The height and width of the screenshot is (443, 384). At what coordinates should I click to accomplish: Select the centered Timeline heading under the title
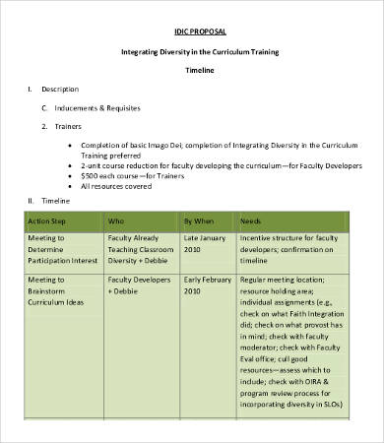coord(201,71)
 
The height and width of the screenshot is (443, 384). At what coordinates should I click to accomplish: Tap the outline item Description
coord(59,90)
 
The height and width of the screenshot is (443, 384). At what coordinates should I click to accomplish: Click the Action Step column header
coord(46,221)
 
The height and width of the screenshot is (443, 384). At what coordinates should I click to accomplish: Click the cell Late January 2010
coord(204,244)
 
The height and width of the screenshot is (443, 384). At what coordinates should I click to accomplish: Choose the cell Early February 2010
coord(206,286)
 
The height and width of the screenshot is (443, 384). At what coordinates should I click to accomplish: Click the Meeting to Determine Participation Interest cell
coord(60,250)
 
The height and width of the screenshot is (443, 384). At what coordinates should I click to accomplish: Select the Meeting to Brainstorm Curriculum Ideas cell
coord(59,292)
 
